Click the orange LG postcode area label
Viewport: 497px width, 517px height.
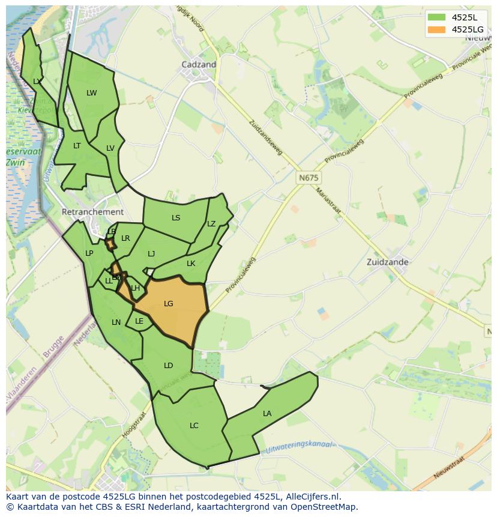(x=168, y=304)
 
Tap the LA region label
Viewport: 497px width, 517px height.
(x=267, y=414)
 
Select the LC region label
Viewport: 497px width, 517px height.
(x=194, y=426)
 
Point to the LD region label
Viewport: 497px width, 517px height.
(x=168, y=366)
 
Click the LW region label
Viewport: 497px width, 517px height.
(x=91, y=93)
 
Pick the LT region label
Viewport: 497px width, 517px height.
(x=77, y=146)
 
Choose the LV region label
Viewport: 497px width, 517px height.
(x=110, y=148)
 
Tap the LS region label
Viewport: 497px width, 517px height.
(x=176, y=218)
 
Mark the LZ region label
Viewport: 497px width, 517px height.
(x=211, y=224)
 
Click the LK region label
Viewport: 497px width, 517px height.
(x=191, y=264)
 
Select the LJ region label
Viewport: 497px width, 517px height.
(x=151, y=254)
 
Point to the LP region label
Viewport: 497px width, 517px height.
(x=89, y=253)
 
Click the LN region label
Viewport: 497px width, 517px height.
(x=116, y=322)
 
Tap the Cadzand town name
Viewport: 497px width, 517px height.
(x=199, y=64)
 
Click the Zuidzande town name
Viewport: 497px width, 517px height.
(x=388, y=262)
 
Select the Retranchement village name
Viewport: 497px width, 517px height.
(x=92, y=212)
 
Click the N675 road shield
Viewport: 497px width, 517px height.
(x=309, y=178)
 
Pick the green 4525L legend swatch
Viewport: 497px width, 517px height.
(x=436, y=17)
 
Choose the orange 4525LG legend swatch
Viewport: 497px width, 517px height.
(x=436, y=29)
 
